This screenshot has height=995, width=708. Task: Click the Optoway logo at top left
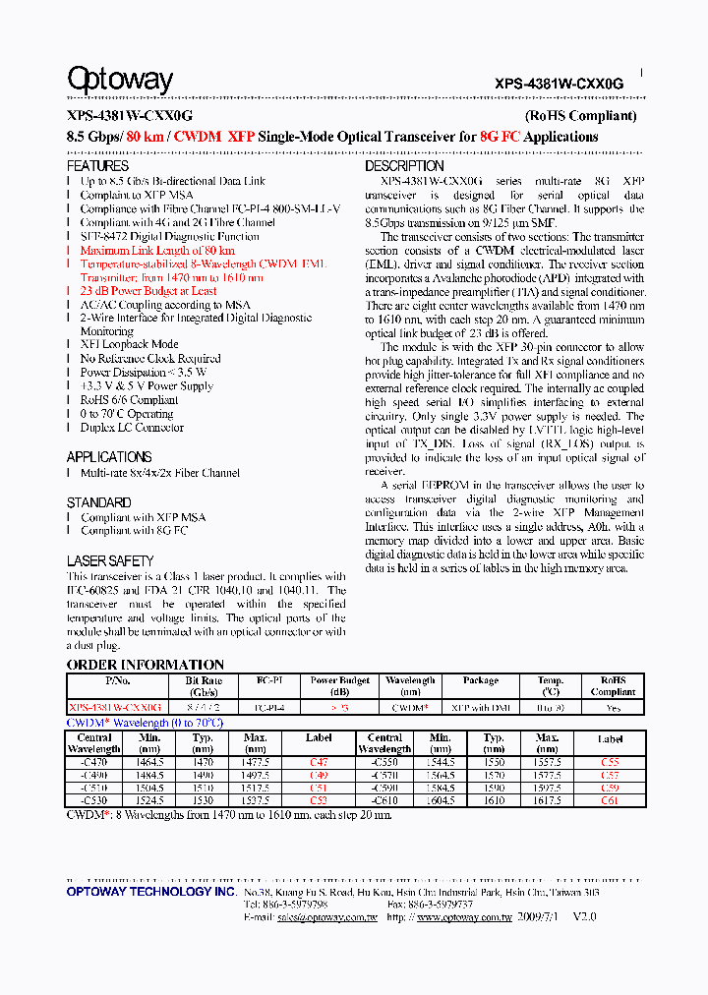click(119, 80)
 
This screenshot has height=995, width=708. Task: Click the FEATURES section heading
click(97, 167)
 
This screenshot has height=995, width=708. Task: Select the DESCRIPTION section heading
click(404, 167)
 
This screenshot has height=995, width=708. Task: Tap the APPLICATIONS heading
click(109, 457)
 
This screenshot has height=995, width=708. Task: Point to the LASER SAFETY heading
click(109, 560)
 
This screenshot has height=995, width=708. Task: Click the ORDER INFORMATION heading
click(146, 665)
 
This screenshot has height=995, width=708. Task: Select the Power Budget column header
click(339, 686)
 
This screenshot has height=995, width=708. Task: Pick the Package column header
click(480, 680)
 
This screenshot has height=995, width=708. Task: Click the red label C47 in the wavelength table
click(319, 762)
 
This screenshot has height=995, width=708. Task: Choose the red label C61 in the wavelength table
click(610, 800)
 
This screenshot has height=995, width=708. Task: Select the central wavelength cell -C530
click(94, 800)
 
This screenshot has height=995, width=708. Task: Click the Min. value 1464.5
click(149, 762)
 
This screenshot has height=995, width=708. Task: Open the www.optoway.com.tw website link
click(464, 916)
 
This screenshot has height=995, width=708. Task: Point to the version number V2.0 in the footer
click(584, 916)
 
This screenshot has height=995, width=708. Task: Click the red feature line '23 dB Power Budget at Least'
click(148, 291)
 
